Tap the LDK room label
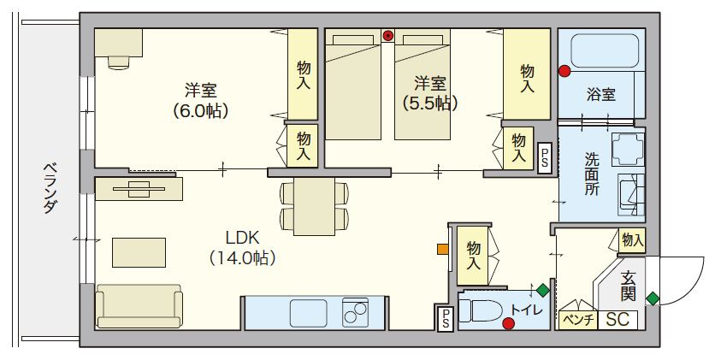point(242,237)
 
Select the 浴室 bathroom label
point(600,95)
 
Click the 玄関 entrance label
point(629,286)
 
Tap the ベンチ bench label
point(577,320)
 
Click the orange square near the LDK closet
point(442,250)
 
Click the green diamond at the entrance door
point(653,298)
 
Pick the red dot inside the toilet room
point(509,323)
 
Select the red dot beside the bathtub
point(564,72)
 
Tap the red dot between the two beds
point(387,36)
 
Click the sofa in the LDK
point(139,305)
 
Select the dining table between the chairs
point(313,206)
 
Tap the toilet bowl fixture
point(483,311)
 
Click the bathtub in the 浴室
point(601,52)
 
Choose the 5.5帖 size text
point(431,103)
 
